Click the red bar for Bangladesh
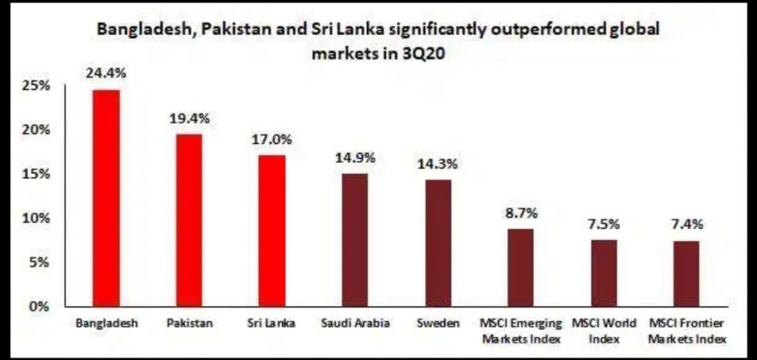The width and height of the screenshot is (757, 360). pos(105,197)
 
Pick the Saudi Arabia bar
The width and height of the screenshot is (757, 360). pos(354,239)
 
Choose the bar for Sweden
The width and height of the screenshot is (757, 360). pos(437,242)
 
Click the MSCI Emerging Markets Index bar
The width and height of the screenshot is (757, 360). pos(520,267)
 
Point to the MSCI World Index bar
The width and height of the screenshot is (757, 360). pos(603,272)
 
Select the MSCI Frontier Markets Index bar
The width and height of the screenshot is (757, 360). pos(686,273)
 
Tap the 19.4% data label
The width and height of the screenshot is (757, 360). pos(189,117)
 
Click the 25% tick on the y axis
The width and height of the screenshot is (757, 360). pos(35,87)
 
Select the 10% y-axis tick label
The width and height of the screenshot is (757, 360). pos(35,219)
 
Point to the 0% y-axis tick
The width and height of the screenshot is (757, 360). pos(39,306)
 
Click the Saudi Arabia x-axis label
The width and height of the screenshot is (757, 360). pos(354,323)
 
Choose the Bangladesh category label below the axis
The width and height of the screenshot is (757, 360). pos(105,323)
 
